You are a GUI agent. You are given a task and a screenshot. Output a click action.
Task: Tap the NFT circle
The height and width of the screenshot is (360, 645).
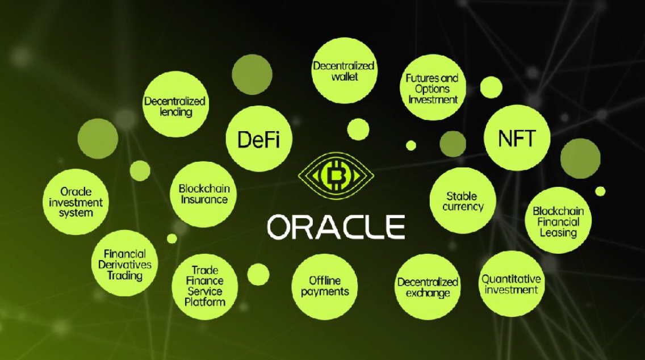tap(517, 137)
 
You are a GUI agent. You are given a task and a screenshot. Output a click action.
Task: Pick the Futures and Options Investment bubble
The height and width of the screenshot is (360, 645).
tap(432, 89)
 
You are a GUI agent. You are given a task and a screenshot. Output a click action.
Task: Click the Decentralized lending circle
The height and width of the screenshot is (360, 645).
tap(175, 106)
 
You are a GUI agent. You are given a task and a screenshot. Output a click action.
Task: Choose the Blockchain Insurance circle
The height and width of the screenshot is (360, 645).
tap(203, 194)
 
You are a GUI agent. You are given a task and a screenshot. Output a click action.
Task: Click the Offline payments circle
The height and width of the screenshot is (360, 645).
tap(325, 286)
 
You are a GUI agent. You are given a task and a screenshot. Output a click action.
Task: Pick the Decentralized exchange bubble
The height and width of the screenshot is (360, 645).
tap(427, 287)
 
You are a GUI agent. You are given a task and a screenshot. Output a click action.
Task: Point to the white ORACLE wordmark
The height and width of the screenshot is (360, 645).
tap(336, 227)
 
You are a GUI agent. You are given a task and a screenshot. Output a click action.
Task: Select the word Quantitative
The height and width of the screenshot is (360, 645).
tap(509, 279)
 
